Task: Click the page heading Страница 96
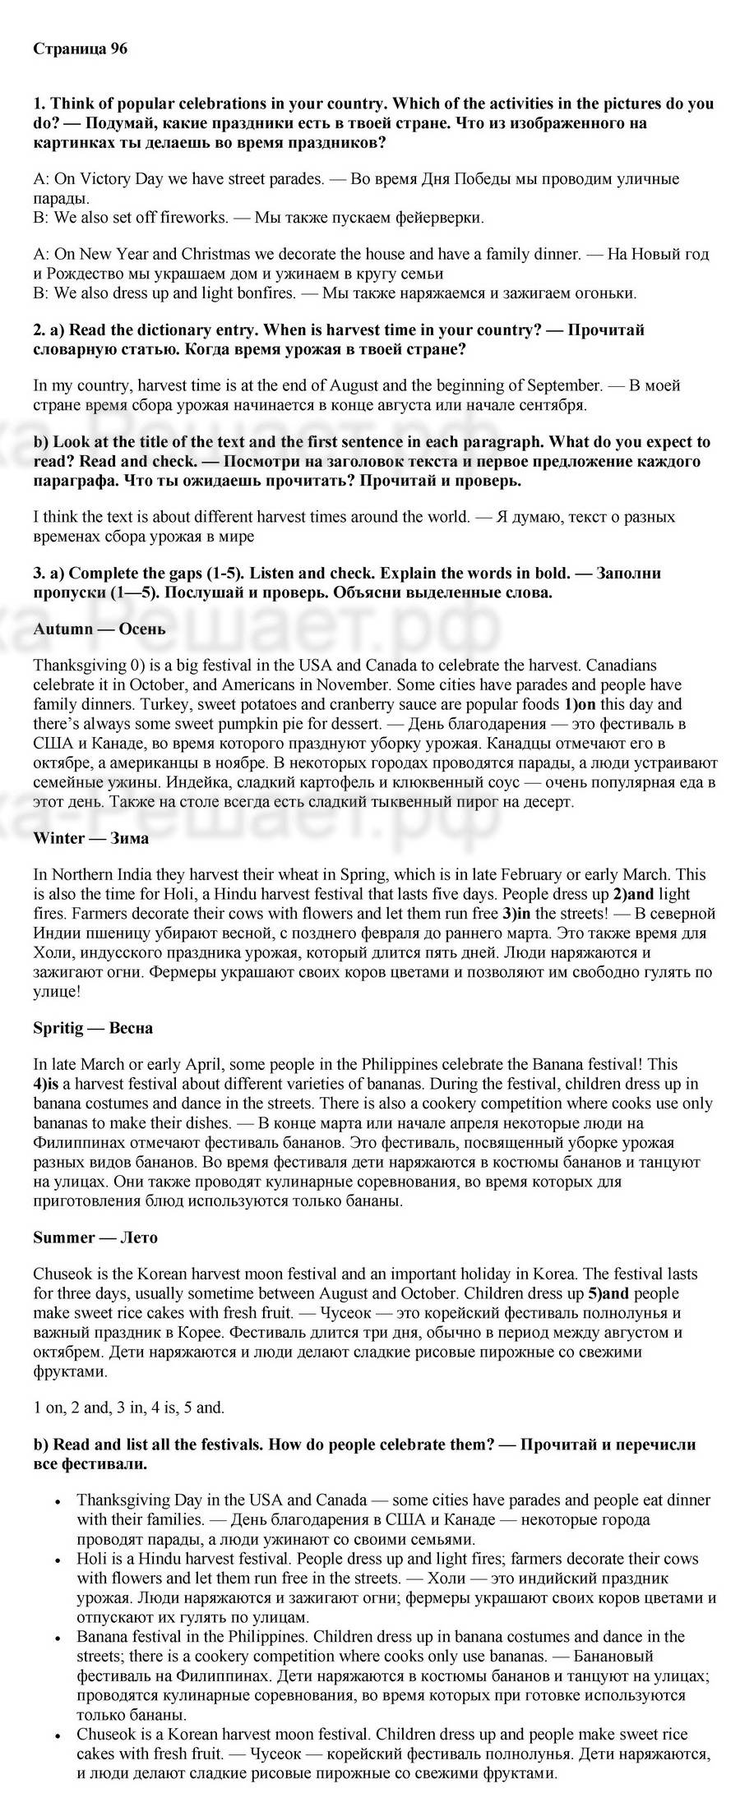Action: click(81, 49)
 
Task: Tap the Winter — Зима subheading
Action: click(91, 838)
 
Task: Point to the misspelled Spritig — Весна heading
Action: click(93, 1028)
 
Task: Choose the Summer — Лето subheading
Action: click(95, 1237)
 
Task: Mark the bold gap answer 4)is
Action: click(48, 1084)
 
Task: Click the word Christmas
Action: click(214, 254)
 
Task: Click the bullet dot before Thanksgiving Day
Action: click(58, 1501)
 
